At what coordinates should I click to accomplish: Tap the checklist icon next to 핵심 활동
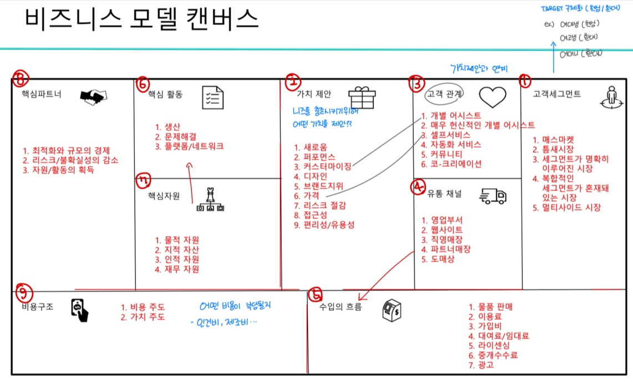tap(213, 97)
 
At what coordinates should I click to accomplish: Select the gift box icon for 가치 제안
tap(362, 97)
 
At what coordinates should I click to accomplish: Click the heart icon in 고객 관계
tap(493, 97)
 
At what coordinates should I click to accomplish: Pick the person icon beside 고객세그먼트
tap(611, 95)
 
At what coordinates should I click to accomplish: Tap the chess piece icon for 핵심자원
tap(210, 200)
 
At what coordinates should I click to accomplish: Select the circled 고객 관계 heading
tap(445, 94)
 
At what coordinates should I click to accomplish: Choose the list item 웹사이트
tap(442, 229)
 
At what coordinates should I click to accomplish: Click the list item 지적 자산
tap(177, 249)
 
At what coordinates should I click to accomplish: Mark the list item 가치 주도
tap(143, 317)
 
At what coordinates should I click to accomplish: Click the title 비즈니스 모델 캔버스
tap(141, 20)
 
